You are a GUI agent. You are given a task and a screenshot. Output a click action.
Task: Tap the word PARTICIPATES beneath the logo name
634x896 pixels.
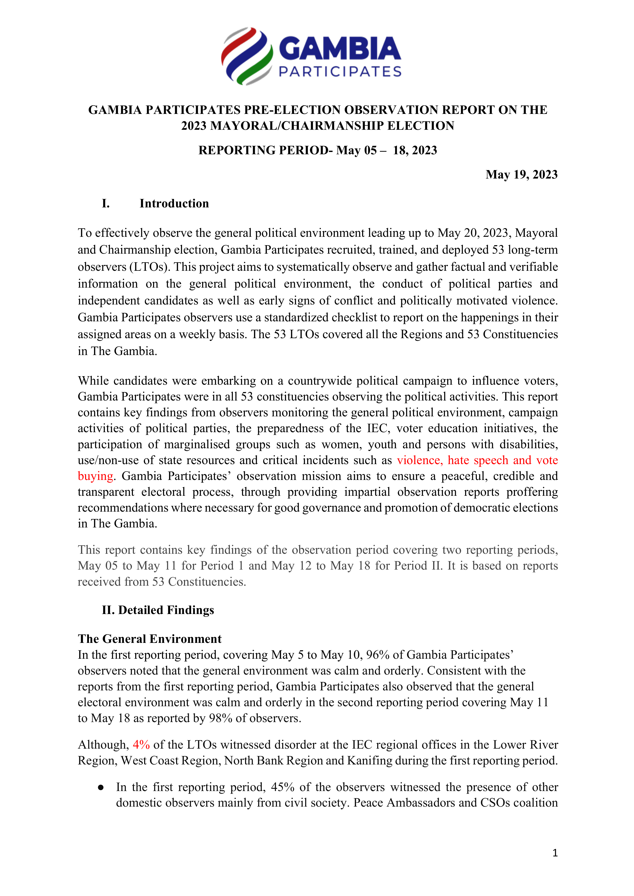coord(340,72)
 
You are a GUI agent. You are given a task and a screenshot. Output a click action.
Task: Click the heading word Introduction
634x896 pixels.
coord(174,204)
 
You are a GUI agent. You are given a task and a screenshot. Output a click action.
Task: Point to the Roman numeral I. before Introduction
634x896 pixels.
coord(105,204)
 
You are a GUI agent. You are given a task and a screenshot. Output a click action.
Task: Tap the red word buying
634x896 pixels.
coord(95,476)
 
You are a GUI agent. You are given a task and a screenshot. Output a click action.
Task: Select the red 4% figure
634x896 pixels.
coord(141,745)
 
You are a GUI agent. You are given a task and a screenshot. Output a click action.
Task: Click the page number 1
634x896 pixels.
coord(555,853)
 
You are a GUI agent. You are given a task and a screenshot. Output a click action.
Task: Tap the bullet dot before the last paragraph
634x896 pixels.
coord(101,787)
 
